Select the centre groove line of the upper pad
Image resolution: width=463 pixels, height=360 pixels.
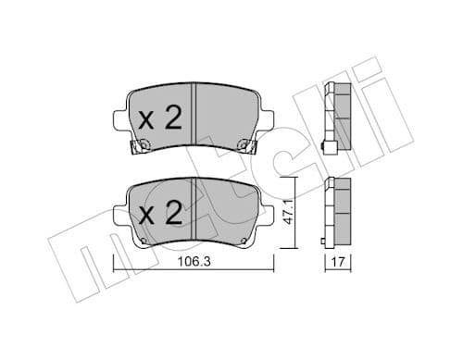(192, 116)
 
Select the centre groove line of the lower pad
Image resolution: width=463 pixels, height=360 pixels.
(192, 211)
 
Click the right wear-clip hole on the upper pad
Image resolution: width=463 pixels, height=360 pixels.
(242, 143)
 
